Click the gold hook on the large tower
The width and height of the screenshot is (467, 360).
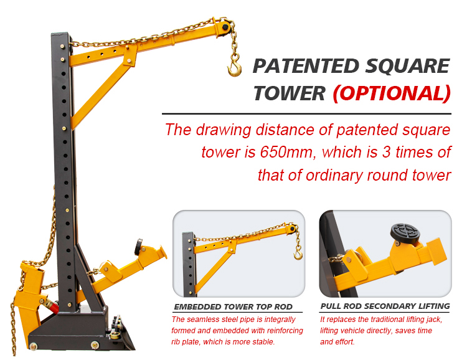[235, 69]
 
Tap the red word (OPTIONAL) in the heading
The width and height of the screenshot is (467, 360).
[392, 93]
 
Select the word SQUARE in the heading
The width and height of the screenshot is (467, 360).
[407, 66]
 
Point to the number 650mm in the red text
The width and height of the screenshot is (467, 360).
[286, 153]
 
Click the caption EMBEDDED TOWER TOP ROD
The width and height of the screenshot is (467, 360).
[233, 306]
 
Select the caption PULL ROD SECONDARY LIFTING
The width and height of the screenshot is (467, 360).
[385, 306]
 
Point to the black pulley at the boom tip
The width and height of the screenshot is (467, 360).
[225, 27]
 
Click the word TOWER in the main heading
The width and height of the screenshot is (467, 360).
[289, 93]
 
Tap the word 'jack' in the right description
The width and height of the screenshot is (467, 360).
[434, 320]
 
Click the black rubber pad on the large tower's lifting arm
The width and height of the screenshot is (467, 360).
[138, 247]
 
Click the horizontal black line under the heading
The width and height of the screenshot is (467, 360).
[306, 114]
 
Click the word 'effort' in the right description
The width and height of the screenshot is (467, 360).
[345, 341]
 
